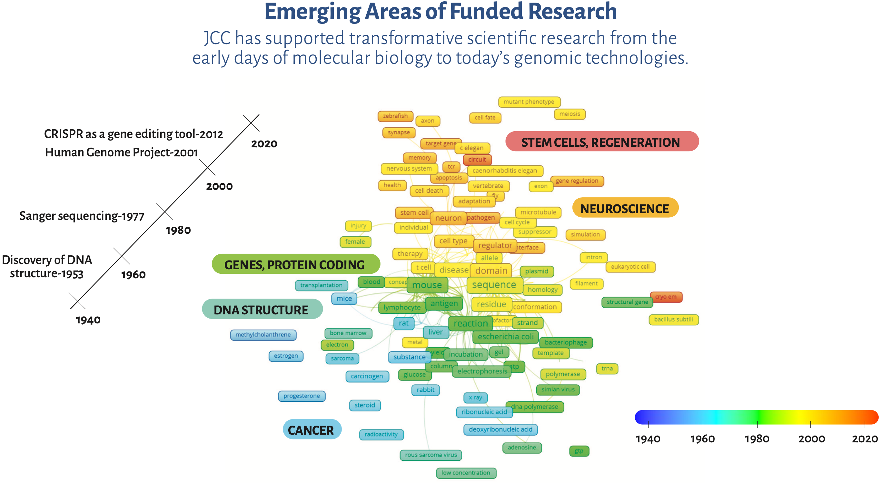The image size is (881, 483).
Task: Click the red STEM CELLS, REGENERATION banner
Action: tap(602, 142)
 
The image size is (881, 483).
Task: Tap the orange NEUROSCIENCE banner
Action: tap(625, 208)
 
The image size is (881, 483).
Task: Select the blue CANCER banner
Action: tap(311, 429)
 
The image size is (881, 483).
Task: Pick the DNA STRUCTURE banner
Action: tap(262, 310)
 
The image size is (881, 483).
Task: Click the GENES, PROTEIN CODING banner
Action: tap(295, 264)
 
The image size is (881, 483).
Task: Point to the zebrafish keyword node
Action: tap(395, 116)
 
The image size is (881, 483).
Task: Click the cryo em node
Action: tap(666, 297)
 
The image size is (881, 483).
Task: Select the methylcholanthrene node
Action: tap(263, 335)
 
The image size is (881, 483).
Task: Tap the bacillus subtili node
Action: tap(673, 319)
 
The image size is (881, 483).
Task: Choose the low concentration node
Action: tap(466, 473)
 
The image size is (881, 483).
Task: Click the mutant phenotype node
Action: tap(529, 102)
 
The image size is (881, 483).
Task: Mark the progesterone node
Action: tap(301, 396)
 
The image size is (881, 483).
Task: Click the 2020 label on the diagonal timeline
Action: tap(264, 144)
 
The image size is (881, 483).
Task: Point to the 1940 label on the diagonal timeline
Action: tap(88, 320)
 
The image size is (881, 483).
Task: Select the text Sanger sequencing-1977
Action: tap(82, 216)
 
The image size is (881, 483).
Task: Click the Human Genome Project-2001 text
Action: tap(121, 152)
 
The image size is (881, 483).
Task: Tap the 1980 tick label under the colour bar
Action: tap(757, 439)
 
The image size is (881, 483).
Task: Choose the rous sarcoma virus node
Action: tap(431, 455)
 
